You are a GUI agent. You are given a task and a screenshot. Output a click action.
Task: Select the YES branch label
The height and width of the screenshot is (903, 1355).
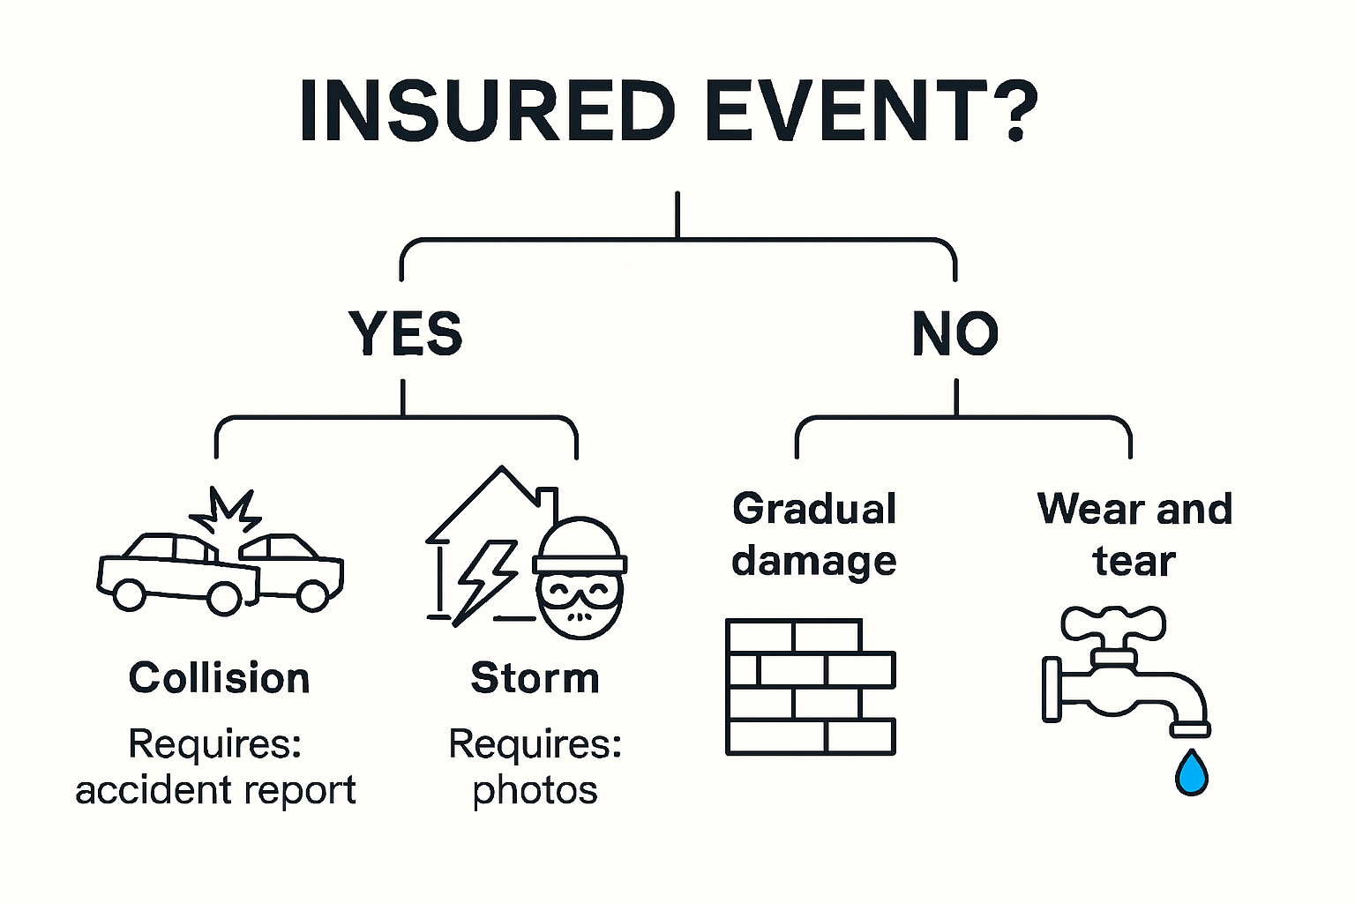click(405, 333)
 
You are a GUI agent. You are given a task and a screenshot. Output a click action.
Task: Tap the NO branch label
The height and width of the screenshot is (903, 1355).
click(955, 333)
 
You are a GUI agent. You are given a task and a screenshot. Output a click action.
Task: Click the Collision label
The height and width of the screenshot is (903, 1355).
click(219, 678)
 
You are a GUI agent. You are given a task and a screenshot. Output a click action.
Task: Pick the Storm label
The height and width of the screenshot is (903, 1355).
click(535, 678)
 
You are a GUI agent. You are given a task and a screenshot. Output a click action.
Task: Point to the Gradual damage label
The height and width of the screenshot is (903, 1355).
click(813, 534)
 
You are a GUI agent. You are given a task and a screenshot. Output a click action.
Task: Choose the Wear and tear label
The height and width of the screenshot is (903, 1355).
click(1134, 534)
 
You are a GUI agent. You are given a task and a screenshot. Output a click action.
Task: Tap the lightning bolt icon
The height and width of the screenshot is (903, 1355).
click(483, 579)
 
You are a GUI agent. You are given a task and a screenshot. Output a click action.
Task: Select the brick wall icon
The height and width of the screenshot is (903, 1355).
click(810, 687)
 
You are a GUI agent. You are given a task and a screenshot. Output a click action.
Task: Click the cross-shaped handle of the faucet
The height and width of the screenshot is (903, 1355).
click(1113, 625)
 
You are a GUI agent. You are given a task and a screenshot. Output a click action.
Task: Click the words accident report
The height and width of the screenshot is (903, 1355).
click(215, 790)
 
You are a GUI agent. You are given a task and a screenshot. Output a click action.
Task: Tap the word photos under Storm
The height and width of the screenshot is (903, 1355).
click(535, 790)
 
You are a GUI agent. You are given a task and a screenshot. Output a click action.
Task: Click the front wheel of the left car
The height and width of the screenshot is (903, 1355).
click(130, 594)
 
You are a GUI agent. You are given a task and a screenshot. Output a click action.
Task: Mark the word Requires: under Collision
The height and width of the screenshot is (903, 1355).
click(215, 743)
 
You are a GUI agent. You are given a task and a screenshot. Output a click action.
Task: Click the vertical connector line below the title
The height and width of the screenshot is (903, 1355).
click(677, 214)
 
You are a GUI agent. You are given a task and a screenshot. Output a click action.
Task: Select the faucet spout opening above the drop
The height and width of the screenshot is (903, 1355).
click(1190, 729)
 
